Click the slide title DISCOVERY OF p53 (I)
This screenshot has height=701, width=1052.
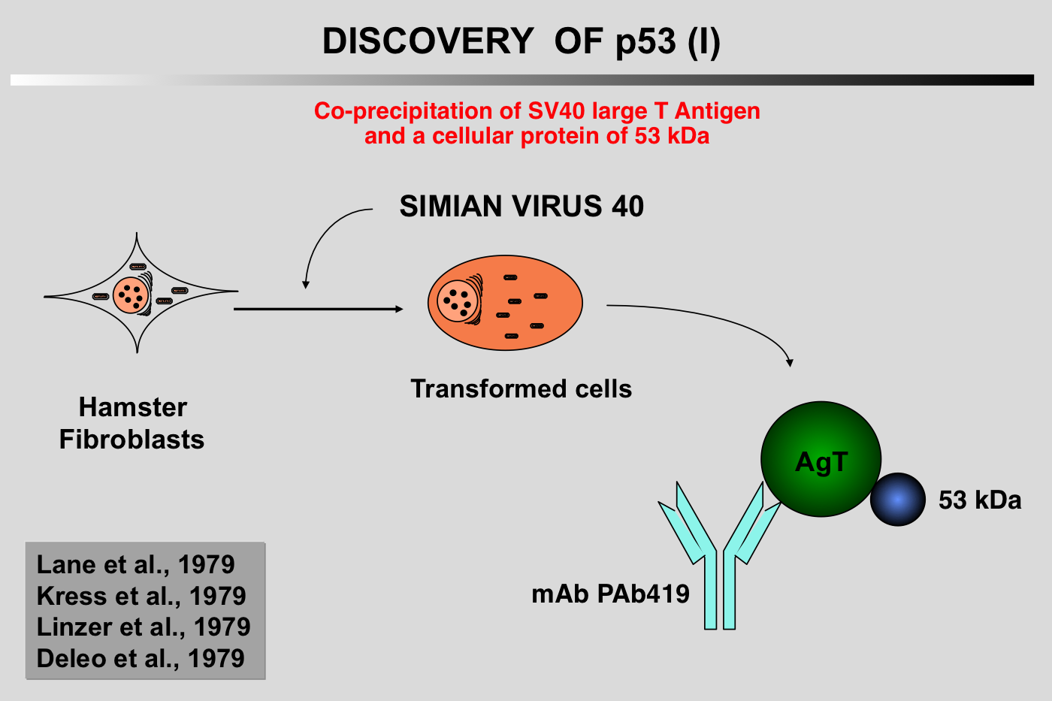[521, 41]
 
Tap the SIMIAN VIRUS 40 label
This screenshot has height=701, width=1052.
[521, 206]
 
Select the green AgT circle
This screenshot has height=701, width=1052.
[821, 459]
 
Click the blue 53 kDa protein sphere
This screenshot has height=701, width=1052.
[897, 499]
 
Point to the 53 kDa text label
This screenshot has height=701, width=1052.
[980, 500]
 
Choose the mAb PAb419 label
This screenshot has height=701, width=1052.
[610, 594]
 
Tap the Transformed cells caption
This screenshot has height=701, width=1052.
[521, 388]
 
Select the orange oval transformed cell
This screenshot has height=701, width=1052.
[505, 303]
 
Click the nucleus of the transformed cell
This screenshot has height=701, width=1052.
[458, 301]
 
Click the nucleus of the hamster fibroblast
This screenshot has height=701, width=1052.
[131, 295]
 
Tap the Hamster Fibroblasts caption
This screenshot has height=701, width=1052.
[132, 423]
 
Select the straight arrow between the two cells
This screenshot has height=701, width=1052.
[319, 309]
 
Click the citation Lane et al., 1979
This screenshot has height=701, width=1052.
[135, 564]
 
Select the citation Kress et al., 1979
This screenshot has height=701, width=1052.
[141, 596]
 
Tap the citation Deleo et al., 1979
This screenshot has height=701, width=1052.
[141, 658]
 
